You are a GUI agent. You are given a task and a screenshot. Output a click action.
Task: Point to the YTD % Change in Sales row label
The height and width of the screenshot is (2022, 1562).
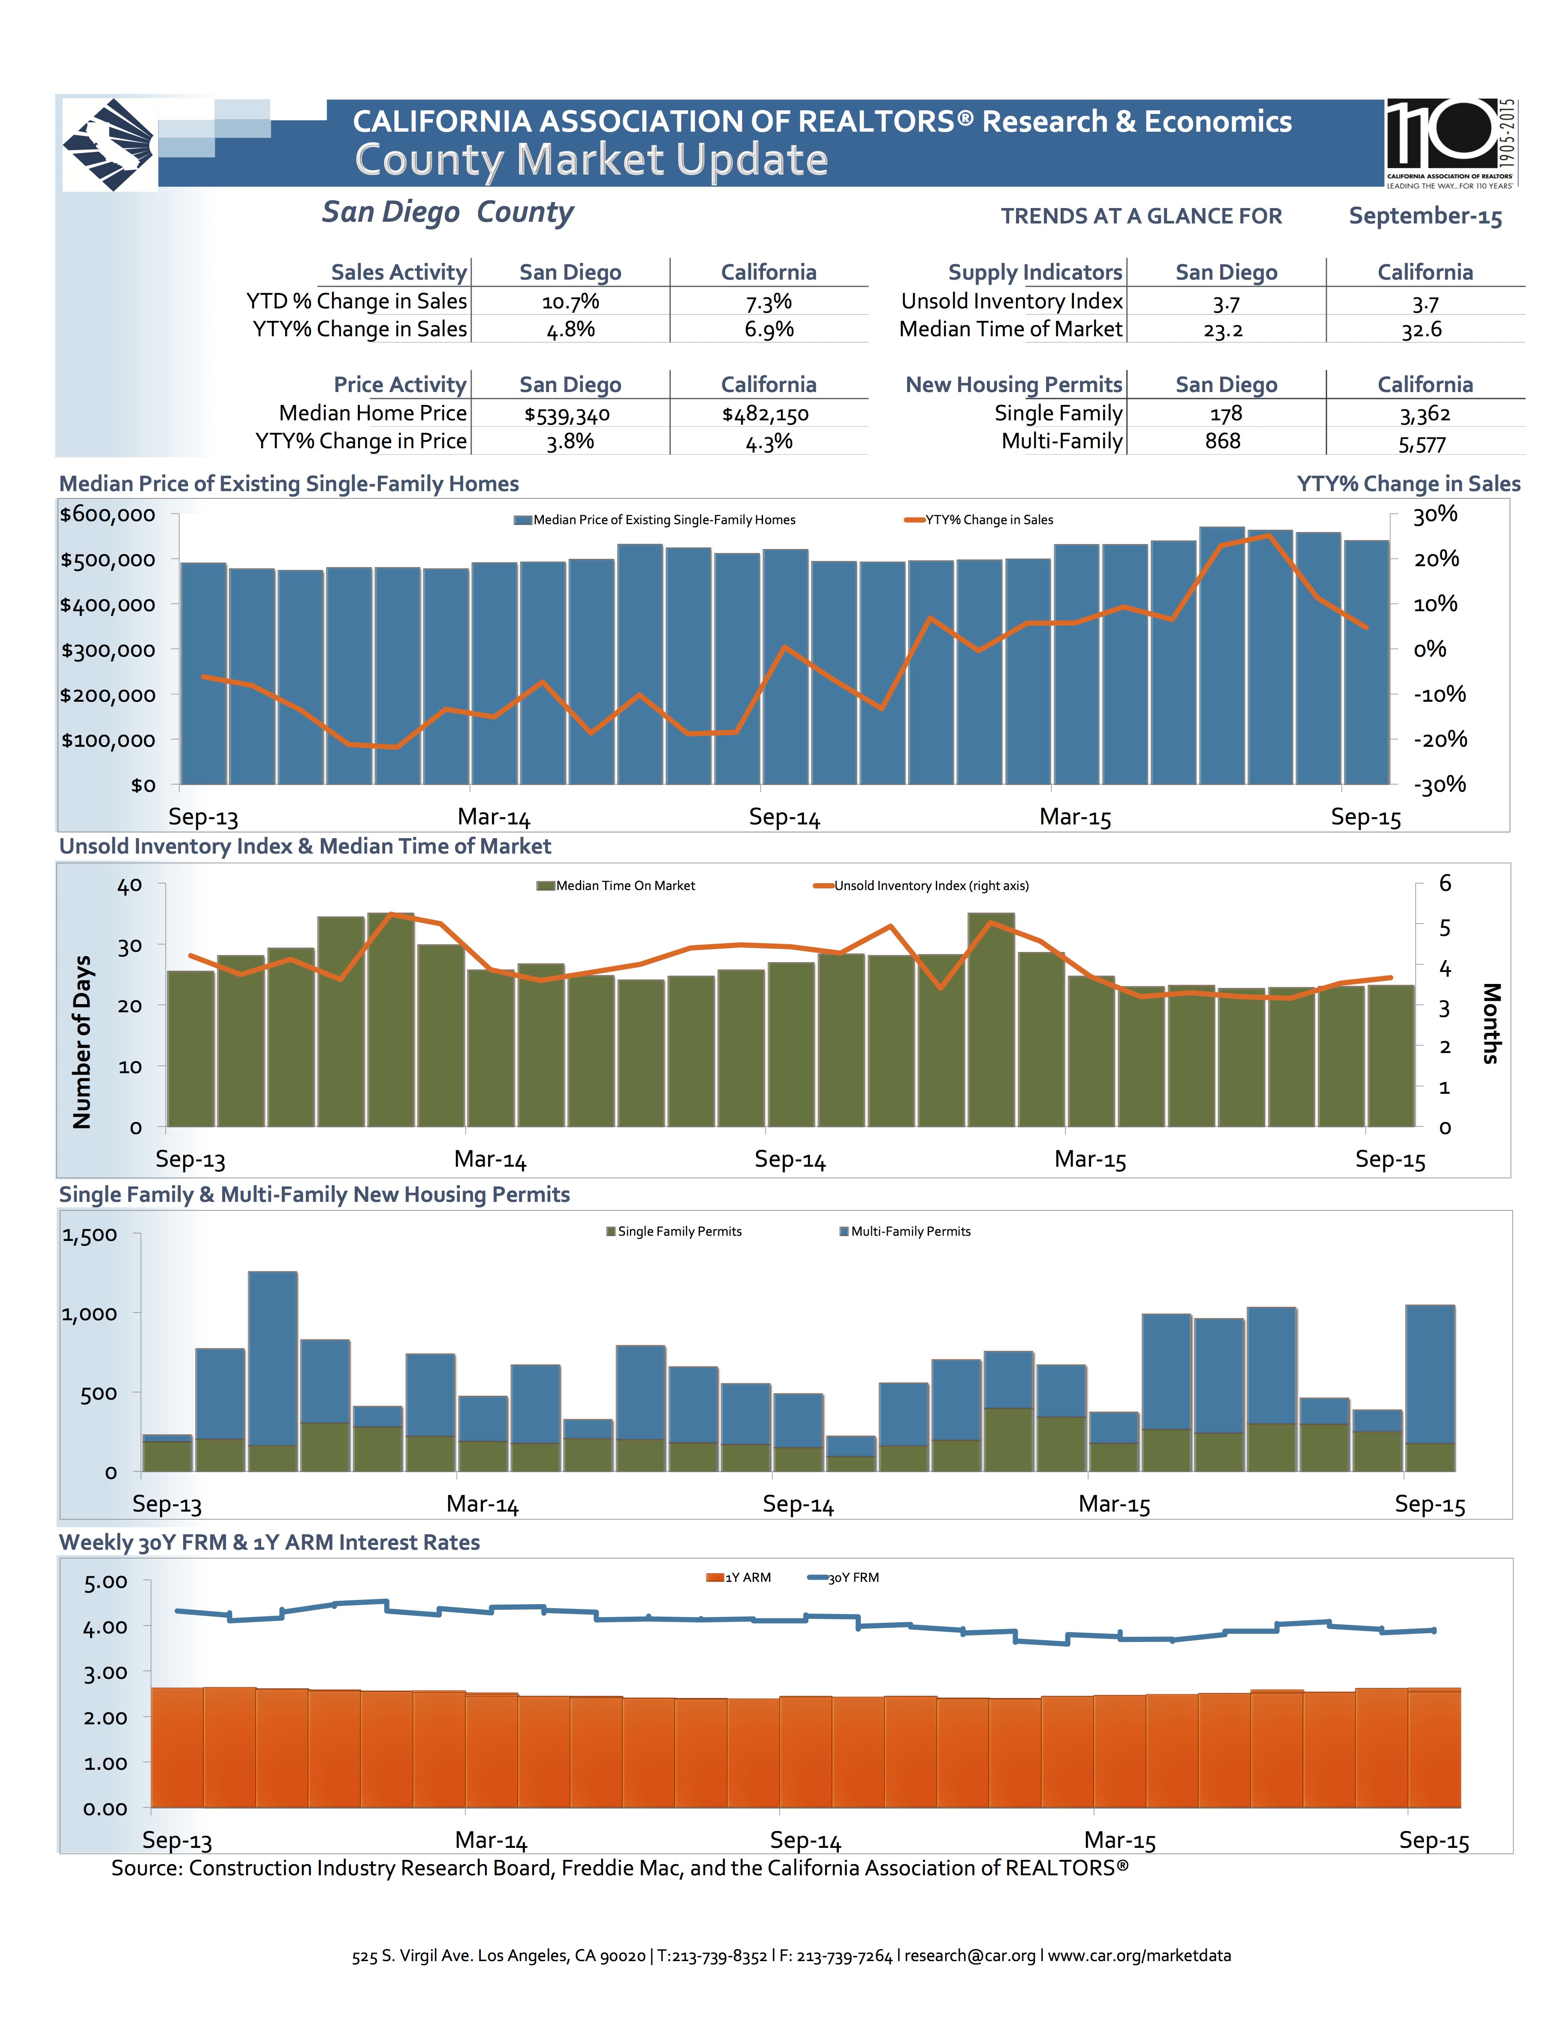click(356, 302)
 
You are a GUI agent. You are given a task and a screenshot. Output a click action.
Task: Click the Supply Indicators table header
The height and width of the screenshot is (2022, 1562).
click(1034, 272)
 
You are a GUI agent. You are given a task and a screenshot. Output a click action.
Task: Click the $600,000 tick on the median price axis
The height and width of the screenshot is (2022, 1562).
click(107, 515)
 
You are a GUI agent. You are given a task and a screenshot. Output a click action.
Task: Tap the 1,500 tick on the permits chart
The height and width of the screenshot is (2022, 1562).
click(90, 1235)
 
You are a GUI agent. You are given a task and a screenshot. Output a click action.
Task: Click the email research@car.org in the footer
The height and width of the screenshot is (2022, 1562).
click(969, 1956)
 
